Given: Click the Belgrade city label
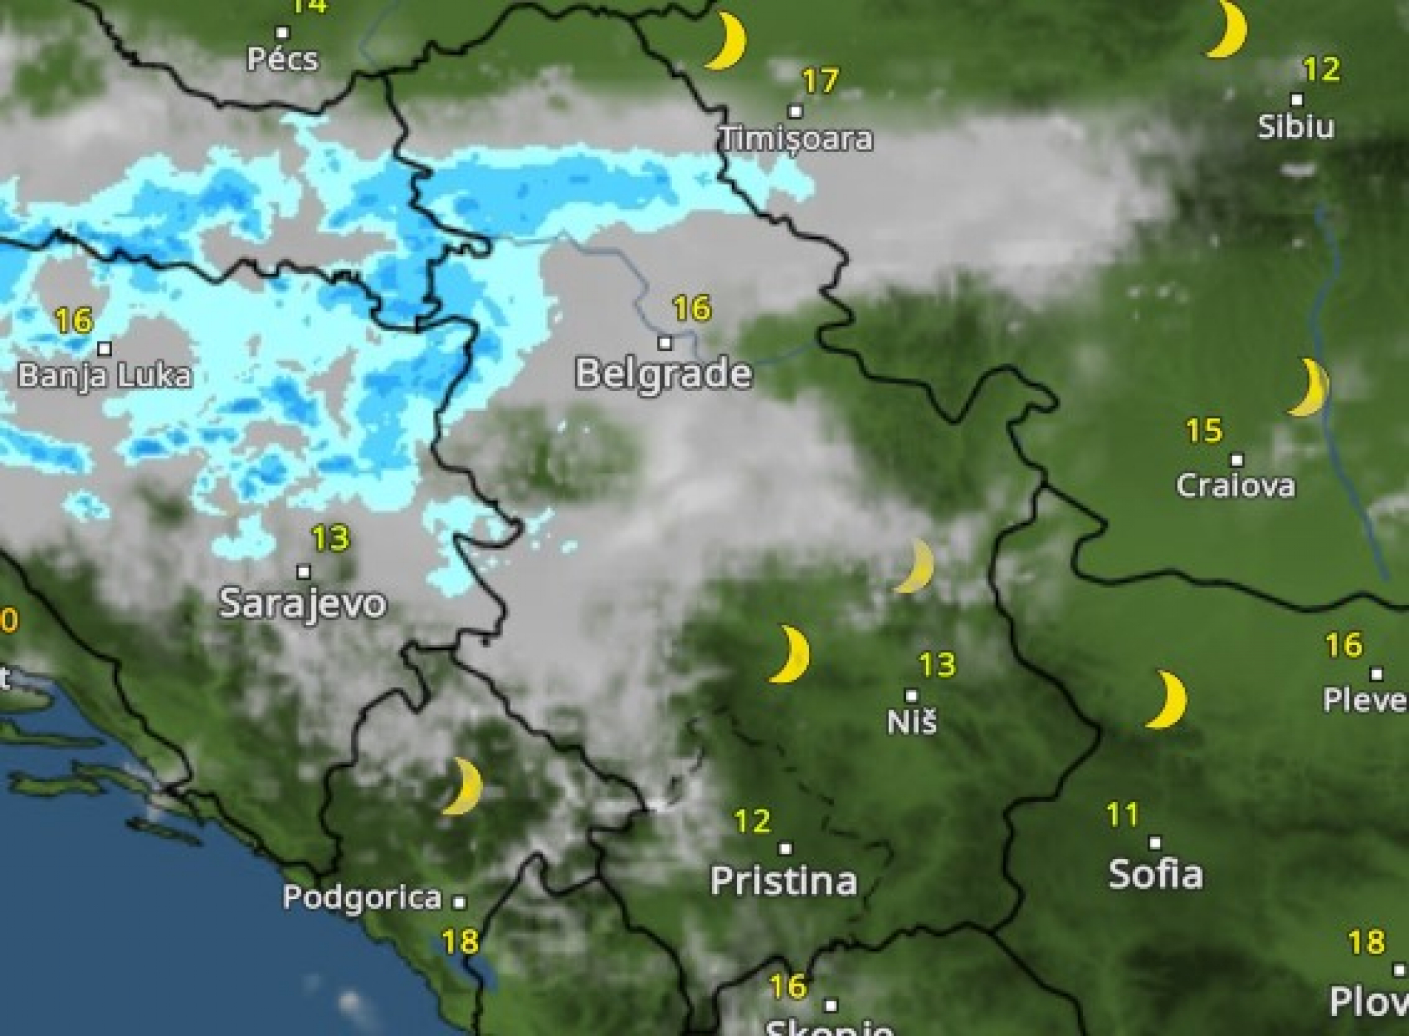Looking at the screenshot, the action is (663, 374).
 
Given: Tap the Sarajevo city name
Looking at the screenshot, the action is (302, 603).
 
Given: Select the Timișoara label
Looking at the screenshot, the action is (796, 139).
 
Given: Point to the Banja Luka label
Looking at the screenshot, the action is (104, 376).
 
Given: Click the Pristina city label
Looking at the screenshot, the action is (784, 880).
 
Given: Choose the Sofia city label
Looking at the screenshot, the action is (1156, 874).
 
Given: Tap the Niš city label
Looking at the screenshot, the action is (912, 722).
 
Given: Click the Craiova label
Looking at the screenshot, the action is (1236, 485).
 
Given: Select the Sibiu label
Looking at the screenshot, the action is (1296, 127).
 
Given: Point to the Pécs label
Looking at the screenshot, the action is (283, 59).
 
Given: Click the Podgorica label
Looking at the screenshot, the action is (362, 898).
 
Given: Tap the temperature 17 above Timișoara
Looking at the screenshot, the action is (821, 81).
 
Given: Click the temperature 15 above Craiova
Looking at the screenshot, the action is (1204, 431).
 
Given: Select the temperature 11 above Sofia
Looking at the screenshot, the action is (1123, 816).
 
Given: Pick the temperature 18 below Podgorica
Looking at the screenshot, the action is (460, 941).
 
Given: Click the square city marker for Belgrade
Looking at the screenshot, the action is (665, 343).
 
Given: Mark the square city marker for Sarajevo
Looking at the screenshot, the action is (303, 572).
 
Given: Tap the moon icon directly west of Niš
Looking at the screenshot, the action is (790, 654).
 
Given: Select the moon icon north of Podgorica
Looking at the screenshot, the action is (463, 786).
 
